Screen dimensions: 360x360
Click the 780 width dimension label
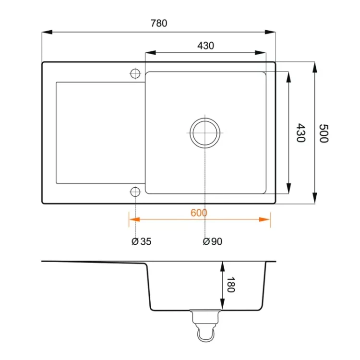pyautogui.click(x=159, y=23)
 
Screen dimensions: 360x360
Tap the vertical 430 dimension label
pyautogui.click(x=300, y=132)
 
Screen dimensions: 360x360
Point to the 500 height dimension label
pyautogui.click(x=324, y=133)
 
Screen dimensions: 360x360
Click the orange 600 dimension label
pyautogui.click(x=199, y=213)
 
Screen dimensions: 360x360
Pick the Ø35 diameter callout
pyautogui.click(x=142, y=241)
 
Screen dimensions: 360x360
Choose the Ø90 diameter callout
pyautogui.click(x=213, y=241)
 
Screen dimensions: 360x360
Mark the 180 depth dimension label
pyautogui.click(x=231, y=285)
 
